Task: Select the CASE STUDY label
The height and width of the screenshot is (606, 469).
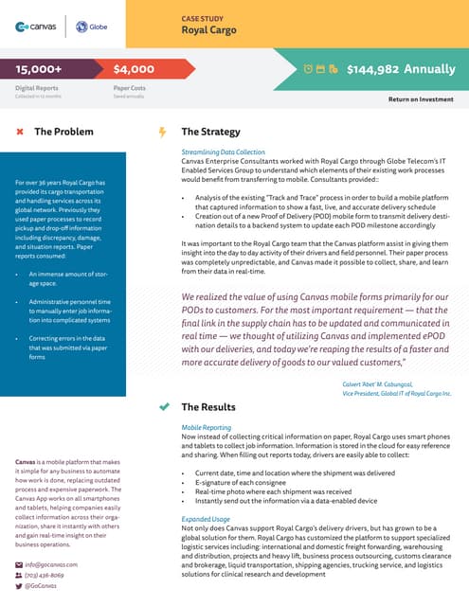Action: [x=203, y=17]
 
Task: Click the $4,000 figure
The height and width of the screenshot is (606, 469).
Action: [x=134, y=69]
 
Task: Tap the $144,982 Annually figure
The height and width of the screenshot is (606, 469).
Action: [x=401, y=69]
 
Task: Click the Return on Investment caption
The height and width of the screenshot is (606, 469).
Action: [x=423, y=98]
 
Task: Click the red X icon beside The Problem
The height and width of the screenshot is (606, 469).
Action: [x=20, y=132]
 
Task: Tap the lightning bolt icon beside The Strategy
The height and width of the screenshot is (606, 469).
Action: [x=162, y=132]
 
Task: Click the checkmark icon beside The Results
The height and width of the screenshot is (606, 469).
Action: [x=162, y=406]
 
